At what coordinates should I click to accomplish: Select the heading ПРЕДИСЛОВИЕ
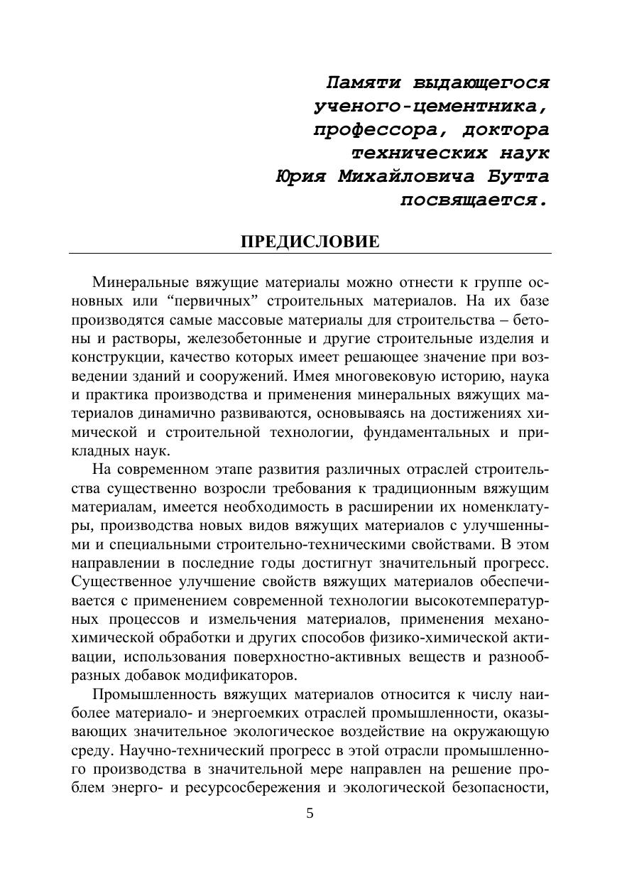(x=310, y=242)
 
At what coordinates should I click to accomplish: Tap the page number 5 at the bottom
(x=310, y=814)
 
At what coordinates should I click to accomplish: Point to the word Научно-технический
(x=187, y=750)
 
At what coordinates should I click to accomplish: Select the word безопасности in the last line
(x=502, y=787)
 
